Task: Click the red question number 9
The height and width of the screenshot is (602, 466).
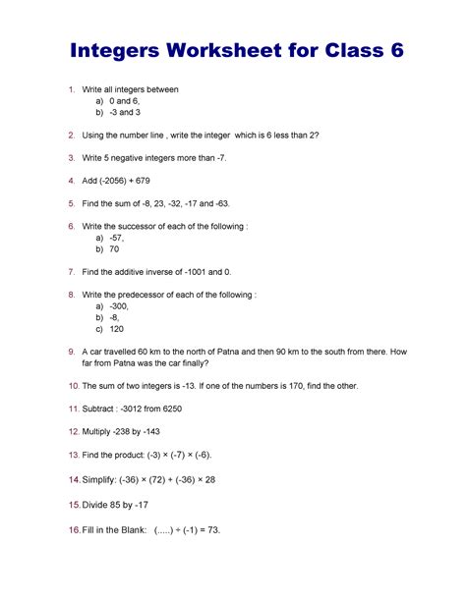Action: click(72, 351)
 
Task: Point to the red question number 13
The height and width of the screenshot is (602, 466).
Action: click(72, 455)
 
